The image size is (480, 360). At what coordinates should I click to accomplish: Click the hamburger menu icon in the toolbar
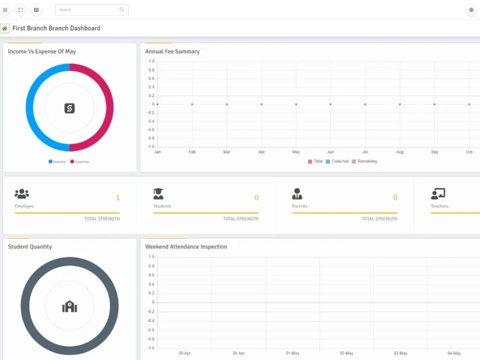(x=5, y=10)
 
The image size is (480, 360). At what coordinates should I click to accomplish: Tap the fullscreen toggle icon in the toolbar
(x=21, y=10)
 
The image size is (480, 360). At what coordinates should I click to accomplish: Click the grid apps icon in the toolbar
(x=36, y=10)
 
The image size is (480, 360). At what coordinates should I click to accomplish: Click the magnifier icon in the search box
(x=122, y=10)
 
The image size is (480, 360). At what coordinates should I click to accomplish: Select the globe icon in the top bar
(x=471, y=10)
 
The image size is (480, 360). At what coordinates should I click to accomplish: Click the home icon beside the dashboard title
(x=5, y=28)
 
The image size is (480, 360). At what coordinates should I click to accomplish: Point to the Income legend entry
(x=57, y=162)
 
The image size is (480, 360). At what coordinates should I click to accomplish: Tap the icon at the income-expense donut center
(x=70, y=108)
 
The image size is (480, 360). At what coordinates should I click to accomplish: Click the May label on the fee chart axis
(x=296, y=152)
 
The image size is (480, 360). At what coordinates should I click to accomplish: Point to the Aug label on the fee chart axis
(x=400, y=152)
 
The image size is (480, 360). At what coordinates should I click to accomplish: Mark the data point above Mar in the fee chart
(x=227, y=104)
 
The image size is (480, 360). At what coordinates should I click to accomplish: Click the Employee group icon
(x=22, y=194)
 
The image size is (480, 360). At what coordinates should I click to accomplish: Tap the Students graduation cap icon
(x=158, y=194)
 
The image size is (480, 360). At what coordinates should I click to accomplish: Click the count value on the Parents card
(x=395, y=198)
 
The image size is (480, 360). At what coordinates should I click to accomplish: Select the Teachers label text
(x=439, y=206)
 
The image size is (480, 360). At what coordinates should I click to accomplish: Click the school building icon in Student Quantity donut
(x=70, y=306)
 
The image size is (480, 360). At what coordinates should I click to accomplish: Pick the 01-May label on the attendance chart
(x=292, y=353)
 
